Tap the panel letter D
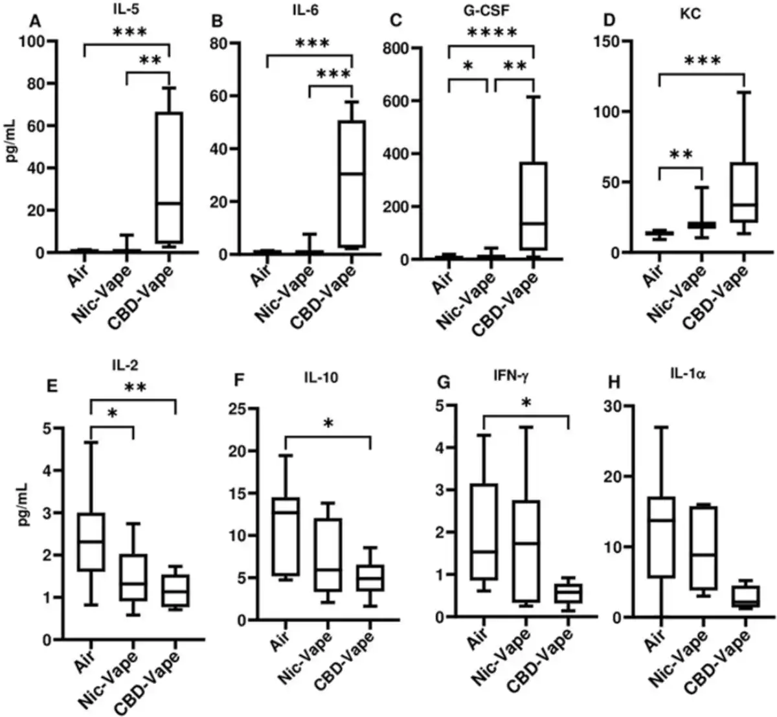point(608,19)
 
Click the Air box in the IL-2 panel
point(91,542)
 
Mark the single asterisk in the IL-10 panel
point(328,424)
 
